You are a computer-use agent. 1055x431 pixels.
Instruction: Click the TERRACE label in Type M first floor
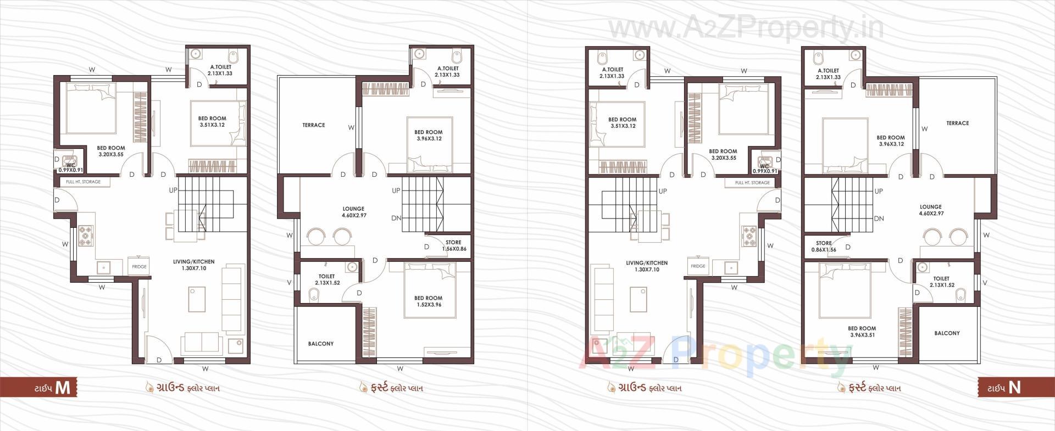[x=313, y=125]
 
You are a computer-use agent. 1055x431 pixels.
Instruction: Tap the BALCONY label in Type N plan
[x=947, y=333]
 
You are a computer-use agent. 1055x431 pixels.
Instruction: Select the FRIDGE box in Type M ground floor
[x=139, y=267]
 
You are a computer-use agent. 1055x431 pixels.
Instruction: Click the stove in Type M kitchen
[x=85, y=235]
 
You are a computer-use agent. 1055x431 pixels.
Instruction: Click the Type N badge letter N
[x=1014, y=387]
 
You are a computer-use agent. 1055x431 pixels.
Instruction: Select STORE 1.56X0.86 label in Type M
[x=453, y=245]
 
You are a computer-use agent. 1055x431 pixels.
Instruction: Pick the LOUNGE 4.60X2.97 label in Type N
[x=931, y=210]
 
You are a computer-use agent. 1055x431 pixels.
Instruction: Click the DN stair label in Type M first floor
[x=396, y=218]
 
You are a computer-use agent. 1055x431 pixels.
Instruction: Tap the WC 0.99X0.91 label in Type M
[x=70, y=167]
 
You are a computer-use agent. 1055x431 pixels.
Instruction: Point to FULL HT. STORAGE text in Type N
[x=752, y=183]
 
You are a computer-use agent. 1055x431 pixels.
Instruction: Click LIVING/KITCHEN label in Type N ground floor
[x=647, y=266]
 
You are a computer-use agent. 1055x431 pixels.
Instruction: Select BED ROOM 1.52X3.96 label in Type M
[x=428, y=301]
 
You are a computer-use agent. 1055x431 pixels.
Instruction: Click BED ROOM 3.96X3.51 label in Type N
[x=862, y=332]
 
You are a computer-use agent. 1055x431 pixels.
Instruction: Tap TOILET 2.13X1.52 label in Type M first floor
[x=327, y=279]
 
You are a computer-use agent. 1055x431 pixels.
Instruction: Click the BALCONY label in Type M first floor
[x=321, y=344]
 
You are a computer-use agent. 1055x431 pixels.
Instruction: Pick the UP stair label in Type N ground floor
[x=663, y=191]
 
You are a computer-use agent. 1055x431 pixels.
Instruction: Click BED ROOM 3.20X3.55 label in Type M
[x=111, y=151]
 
